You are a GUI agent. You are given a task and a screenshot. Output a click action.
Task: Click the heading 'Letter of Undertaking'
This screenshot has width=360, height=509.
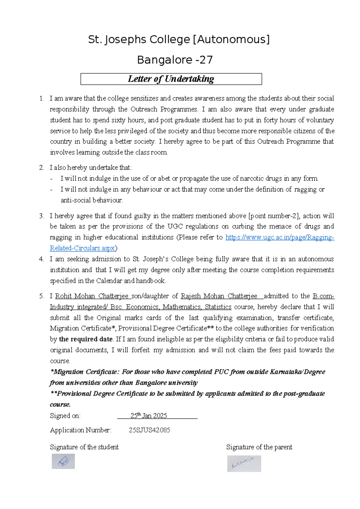point(171,79)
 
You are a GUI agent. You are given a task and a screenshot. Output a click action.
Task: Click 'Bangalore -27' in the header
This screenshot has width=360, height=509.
point(175,60)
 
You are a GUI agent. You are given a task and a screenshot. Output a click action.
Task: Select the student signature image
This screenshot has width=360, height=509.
point(63,461)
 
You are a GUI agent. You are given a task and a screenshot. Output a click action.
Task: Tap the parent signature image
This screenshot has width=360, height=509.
point(244,464)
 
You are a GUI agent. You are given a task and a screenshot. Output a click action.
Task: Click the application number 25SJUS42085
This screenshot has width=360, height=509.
point(149,430)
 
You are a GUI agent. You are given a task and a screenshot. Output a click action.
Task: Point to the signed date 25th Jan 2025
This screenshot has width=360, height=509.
point(149,416)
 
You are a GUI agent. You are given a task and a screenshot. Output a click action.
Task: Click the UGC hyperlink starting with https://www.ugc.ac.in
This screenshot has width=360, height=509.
point(280,237)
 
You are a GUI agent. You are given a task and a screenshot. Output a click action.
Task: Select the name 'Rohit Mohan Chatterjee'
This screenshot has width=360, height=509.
point(91,296)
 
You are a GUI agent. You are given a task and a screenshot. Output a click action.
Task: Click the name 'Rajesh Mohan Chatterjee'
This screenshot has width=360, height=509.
point(219,296)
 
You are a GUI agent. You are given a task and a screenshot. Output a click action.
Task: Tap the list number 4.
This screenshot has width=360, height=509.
point(41,259)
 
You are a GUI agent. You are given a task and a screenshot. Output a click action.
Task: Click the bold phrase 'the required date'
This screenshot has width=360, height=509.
point(86,339)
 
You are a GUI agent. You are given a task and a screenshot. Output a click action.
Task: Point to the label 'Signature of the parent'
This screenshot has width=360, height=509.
point(259,447)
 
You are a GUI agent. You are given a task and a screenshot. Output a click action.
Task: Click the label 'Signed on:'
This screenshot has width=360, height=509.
point(65,416)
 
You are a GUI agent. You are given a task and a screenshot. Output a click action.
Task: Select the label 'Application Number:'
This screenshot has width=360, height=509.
point(81,430)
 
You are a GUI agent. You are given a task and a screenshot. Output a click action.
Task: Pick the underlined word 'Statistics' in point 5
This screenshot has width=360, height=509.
point(218,307)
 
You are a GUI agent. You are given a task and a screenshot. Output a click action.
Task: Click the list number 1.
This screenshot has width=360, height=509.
point(41,98)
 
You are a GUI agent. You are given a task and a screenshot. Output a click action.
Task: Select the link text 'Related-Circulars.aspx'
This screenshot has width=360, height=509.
point(82,248)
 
